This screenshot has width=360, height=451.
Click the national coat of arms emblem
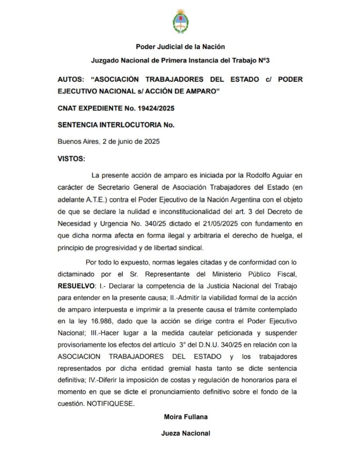click(180, 21)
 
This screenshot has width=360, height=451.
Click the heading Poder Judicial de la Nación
click(180, 47)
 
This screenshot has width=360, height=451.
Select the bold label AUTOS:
click(71, 79)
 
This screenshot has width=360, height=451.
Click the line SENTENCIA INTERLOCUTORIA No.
click(116, 125)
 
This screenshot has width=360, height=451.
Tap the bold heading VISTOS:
click(71, 159)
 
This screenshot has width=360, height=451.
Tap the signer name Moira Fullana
click(180, 416)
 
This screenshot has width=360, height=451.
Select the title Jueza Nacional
click(180, 433)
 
